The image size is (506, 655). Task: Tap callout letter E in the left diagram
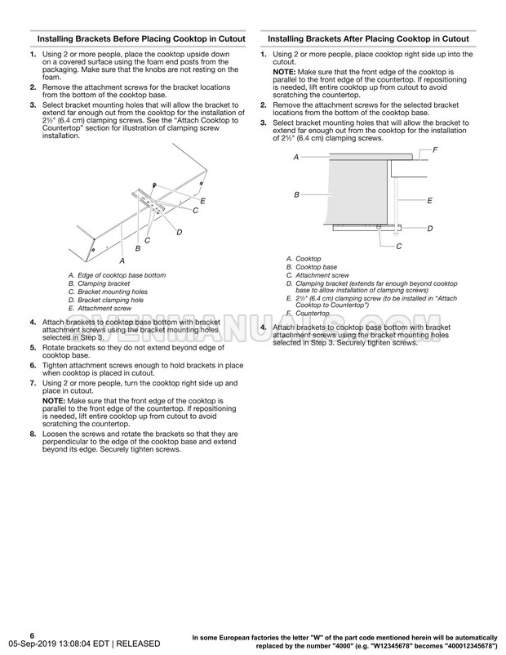point(202,200)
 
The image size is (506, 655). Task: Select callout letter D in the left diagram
point(179,232)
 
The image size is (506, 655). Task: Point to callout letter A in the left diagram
point(122,260)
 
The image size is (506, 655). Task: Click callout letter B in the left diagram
point(138,247)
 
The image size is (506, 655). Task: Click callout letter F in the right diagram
point(435,149)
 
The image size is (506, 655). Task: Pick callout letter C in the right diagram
point(398,246)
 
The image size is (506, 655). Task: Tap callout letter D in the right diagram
point(429,228)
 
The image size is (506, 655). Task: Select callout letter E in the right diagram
point(429,200)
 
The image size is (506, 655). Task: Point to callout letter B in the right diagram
point(296,194)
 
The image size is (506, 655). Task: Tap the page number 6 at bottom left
point(32,635)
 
